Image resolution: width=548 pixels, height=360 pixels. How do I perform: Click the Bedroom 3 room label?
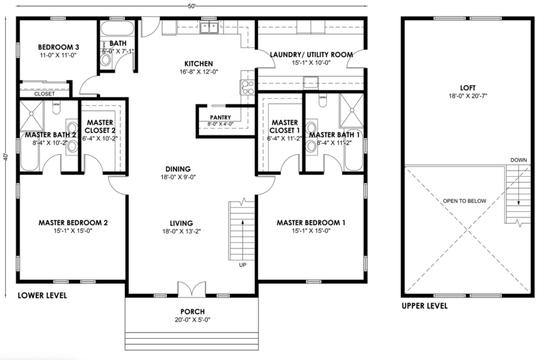tap(58, 47)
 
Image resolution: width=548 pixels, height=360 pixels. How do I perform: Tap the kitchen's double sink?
tap(209, 28)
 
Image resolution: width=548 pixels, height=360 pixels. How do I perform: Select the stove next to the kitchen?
tap(248, 88)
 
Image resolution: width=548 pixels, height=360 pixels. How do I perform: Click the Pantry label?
tap(220, 118)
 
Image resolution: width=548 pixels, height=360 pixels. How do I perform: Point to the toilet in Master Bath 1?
tap(323, 101)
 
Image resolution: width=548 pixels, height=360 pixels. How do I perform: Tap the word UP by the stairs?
tap(243, 265)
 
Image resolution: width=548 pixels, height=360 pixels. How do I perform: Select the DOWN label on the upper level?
tap(518, 160)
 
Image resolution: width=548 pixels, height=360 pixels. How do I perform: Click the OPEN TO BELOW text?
tap(465, 201)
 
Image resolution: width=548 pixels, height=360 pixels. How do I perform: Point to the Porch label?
tap(193, 311)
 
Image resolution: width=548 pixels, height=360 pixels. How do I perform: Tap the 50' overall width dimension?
tap(192, 6)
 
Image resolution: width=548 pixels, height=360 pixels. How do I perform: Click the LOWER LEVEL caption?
tap(42, 296)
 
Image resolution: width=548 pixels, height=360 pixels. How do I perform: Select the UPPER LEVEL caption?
tap(424, 306)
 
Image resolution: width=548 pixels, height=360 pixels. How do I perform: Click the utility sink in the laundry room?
tap(311, 82)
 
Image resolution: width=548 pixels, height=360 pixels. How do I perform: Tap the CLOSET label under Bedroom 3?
tap(44, 94)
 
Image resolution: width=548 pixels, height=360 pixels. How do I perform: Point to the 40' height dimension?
tap(5, 156)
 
